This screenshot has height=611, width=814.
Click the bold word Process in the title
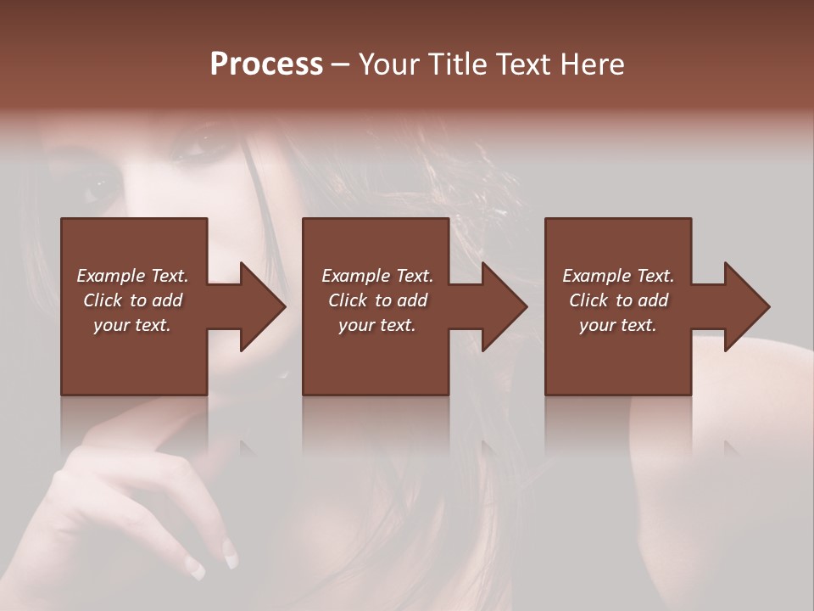(266, 64)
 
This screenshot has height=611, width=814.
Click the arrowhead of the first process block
(263, 306)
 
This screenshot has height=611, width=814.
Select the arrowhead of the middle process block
(505, 306)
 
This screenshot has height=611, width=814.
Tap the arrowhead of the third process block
(746, 306)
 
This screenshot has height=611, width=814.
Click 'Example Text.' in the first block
(132, 276)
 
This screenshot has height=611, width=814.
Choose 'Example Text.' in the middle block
(377, 276)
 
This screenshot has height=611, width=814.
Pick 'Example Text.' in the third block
(618, 276)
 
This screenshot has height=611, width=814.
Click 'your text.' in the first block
(132, 325)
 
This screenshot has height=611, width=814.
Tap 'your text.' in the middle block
(377, 325)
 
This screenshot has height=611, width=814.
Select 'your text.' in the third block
(618, 325)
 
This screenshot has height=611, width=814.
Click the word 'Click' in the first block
(103, 300)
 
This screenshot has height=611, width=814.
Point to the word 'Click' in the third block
(588, 300)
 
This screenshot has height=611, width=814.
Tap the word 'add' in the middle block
(412, 300)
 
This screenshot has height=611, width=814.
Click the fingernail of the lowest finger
(196, 569)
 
